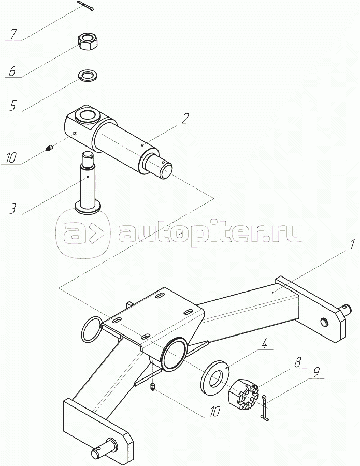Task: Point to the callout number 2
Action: pos(184,118)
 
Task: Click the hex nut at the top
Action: pos(88,42)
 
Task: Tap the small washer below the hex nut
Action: pos(89,75)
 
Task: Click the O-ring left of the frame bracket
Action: pos(92,328)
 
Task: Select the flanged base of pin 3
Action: pos(88,207)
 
